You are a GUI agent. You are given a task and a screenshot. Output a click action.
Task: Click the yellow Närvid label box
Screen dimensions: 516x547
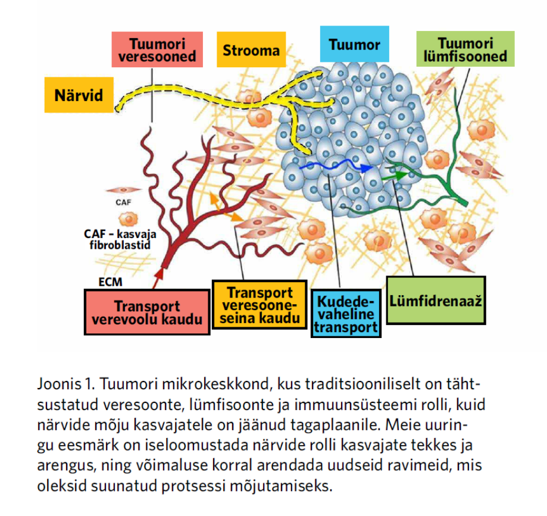(x=79, y=95)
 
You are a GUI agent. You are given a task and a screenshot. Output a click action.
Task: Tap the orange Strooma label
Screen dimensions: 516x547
(x=251, y=51)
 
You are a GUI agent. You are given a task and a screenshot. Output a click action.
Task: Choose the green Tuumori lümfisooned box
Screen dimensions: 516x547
(x=465, y=50)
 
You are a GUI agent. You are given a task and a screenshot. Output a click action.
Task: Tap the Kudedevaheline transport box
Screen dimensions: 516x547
(x=346, y=314)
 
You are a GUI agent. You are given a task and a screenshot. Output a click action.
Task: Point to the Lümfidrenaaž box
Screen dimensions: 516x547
(x=436, y=300)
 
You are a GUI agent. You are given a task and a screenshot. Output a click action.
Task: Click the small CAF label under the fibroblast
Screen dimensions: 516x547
(x=123, y=202)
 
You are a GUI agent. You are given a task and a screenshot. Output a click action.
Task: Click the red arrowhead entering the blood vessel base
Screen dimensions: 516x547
(x=160, y=274)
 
